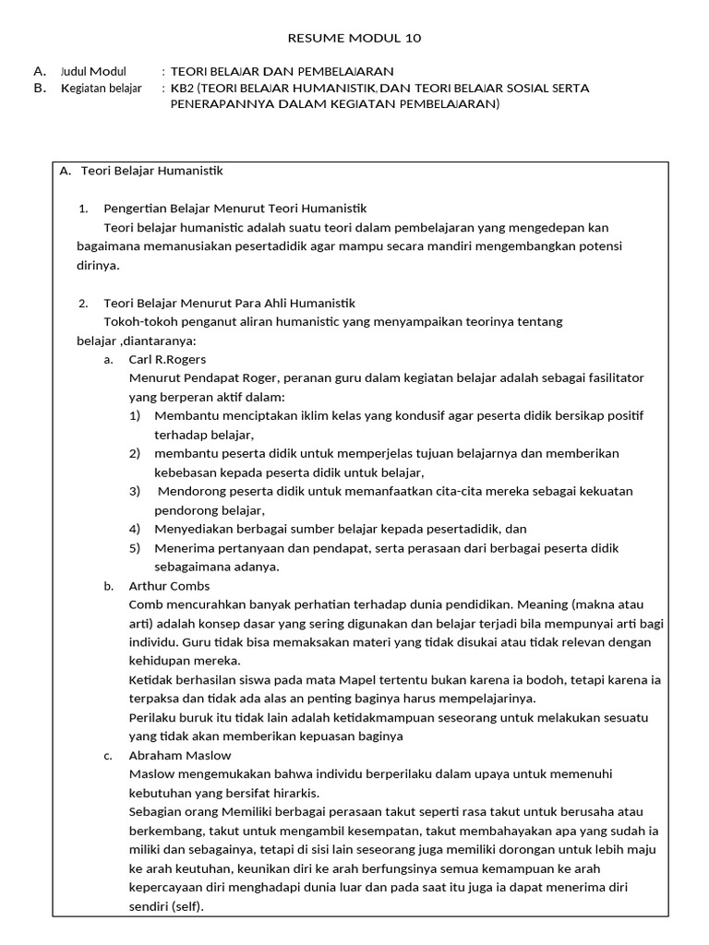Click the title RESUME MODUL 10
[x=355, y=38]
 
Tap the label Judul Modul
[x=94, y=71]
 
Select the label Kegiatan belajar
[x=101, y=89]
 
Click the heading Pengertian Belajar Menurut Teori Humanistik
[x=235, y=209]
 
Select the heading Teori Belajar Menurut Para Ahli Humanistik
[x=229, y=303]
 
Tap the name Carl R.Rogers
[x=167, y=359]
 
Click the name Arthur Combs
[x=169, y=585]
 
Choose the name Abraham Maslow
[x=180, y=755]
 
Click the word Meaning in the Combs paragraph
[x=544, y=604]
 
